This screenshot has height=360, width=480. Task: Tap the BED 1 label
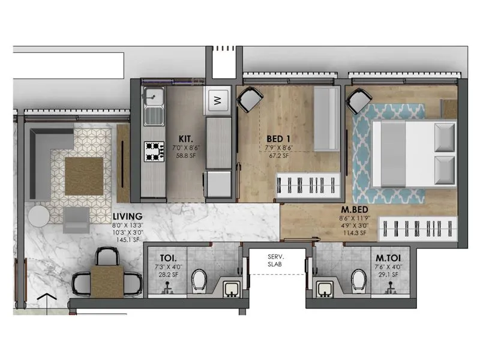(x=279, y=137)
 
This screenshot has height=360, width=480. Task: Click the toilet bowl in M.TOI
(x=359, y=277)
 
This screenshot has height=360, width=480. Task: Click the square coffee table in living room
(x=85, y=175)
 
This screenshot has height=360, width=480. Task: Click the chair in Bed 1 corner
(x=250, y=98)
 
